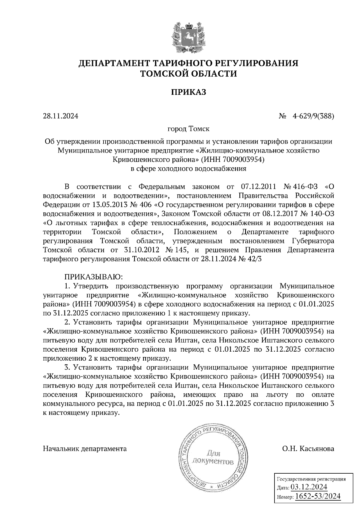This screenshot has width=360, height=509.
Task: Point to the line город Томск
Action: click(x=188, y=129)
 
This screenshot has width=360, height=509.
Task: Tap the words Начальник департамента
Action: click(x=85, y=449)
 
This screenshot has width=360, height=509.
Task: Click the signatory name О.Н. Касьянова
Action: click(x=308, y=449)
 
